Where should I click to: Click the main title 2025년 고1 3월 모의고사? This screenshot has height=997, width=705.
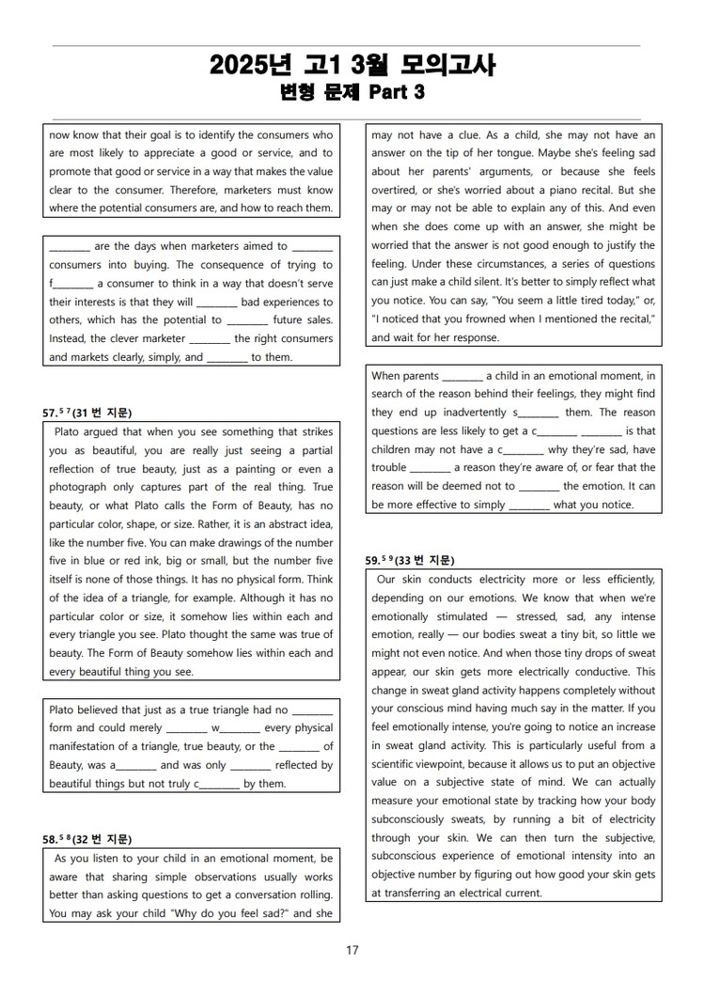(x=352, y=66)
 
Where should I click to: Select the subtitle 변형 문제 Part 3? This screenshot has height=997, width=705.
(x=352, y=92)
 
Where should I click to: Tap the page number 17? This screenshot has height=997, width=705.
(x=352, y=950)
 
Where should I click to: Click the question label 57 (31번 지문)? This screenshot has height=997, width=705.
(x=87, y=413)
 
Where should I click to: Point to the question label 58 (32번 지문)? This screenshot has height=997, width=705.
(x=87, y=839)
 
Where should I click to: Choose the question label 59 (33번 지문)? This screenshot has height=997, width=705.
(x=410, y=560)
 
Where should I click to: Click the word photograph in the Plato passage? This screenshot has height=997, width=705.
(x=79, y=487)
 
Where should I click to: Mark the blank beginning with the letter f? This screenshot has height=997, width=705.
(x=71, y=283)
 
